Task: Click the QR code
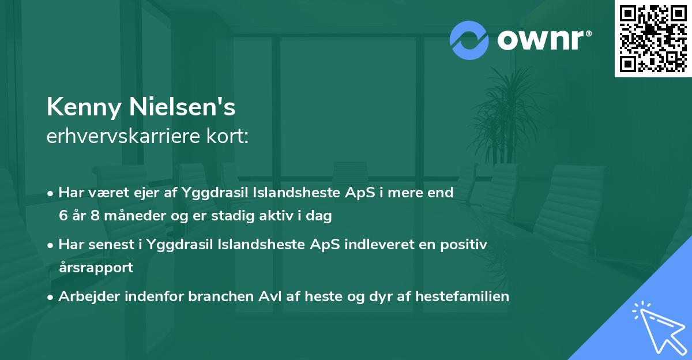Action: point(653,38)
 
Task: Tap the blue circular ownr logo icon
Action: point(469,40)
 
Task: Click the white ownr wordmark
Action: point(544,40)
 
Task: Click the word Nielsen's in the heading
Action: point(182,107)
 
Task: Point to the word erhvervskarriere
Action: point(123,136)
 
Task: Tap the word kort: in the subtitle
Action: point(227,136)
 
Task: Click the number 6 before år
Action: point(63,215)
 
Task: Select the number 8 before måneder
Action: point(95,215)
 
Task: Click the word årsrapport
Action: point(96,268)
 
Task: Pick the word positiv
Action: point(464,245)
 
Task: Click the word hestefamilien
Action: point(462,296)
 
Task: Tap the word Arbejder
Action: point(89,297)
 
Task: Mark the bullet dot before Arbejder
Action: point(50,298)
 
